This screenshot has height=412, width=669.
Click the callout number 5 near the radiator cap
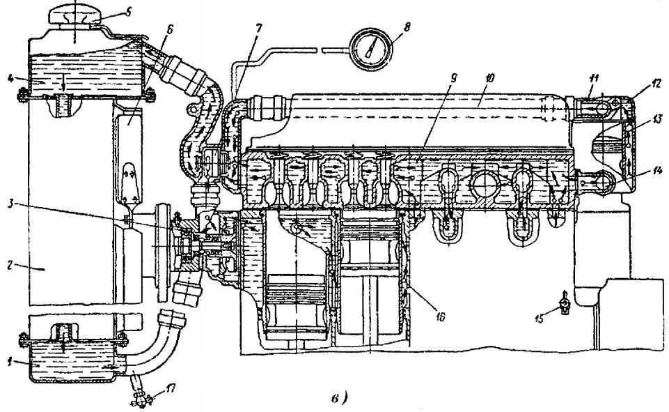click(x=127, y=11)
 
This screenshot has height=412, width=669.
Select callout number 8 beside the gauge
click(x=407, y=27)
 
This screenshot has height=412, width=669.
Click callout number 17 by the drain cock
click(x=171, y=389)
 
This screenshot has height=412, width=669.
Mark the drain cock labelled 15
click(x=565, y=305)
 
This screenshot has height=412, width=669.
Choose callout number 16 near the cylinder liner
click(x=440, y=317)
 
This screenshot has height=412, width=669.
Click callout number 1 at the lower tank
click(x=9, y=363)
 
